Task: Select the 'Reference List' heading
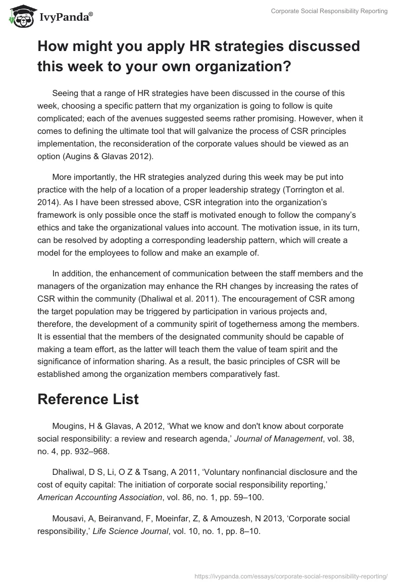tap(88, 399)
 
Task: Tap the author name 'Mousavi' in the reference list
tap(68, 518)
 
